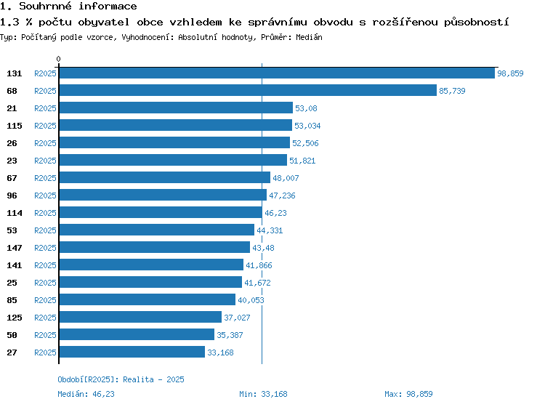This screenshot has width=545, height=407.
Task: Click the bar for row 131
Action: pos(277,73)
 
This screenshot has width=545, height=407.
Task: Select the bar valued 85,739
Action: pos(248,90)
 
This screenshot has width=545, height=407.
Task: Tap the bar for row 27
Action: pos(132,352)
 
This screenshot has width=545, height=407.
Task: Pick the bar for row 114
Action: pos(161,212)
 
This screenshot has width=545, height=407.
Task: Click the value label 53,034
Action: pos(307,126)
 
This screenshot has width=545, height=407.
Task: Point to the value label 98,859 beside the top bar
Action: pos(510,73)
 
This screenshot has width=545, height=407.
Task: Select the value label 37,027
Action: pos(237,318)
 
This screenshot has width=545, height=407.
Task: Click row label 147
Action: pos(15,248)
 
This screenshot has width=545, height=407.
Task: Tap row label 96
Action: pos(12,196)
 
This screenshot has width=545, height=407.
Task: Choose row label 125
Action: pos(15,318)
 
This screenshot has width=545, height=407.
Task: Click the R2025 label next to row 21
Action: pos(45,108)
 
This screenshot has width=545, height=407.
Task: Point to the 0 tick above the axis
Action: pos(58,59)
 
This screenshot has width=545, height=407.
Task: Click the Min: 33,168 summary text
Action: pos(263,394)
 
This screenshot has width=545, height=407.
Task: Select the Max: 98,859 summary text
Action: pos(408,394)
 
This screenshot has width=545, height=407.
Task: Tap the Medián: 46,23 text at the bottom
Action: pos(86,394)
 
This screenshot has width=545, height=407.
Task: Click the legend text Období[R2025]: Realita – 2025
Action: pos(121,379)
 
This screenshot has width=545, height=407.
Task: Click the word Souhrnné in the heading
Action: pos(45,6)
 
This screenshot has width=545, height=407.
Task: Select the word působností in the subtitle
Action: pos(476,23)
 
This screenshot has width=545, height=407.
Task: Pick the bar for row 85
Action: pos(148,299)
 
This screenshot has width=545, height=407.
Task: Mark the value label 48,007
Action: pos(286,178)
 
